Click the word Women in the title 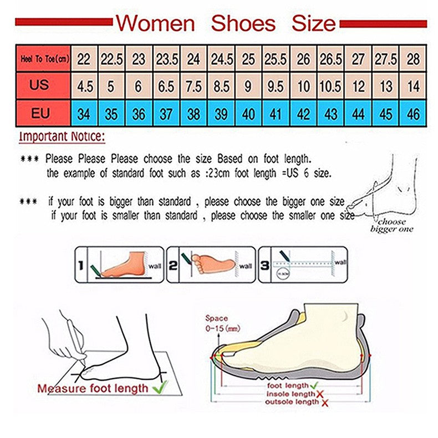155,23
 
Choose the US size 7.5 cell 193,86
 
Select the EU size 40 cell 248,114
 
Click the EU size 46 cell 413,114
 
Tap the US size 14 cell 413,86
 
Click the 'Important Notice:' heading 62,136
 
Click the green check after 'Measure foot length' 160,388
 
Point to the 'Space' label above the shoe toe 216,318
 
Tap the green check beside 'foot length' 314,384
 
